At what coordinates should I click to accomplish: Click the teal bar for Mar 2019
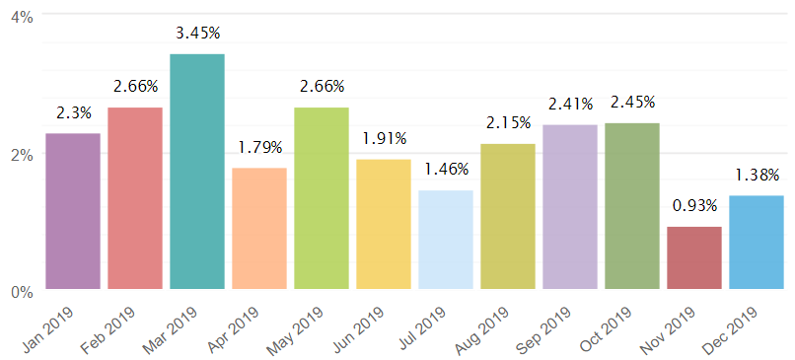click(197, 172)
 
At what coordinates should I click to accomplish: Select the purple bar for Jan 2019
click(73, 211)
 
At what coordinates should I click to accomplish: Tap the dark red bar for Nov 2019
click(694, 257)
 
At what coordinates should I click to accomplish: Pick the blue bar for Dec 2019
click(757, 243)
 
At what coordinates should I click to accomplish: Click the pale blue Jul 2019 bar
click(446, 240)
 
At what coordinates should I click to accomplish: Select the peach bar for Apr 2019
click(259, 228)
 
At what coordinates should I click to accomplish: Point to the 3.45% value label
click(197, 34)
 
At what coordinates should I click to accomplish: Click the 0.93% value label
click(694, 206)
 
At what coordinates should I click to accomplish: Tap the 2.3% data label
click(73, 113)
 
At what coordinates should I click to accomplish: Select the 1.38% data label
click(757, 176)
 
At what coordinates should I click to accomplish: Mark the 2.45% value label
click(632, 103)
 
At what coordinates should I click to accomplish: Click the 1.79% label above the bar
click(259, 148)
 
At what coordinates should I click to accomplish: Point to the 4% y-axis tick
click(22, 19)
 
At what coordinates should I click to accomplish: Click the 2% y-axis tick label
click(22, 155)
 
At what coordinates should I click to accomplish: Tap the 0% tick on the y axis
click(22, 293)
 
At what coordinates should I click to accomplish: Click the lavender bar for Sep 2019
click(570, 207)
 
